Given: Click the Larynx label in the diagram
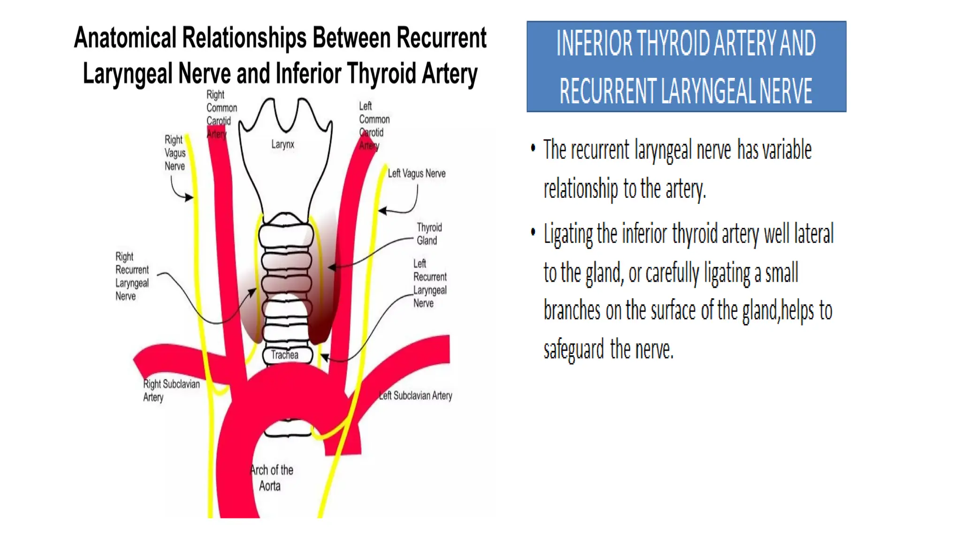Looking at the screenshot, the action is [x=282, y=144].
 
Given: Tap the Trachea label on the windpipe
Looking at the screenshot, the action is [x=284, y=355].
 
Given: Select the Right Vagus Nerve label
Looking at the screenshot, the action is [x=175, y=153].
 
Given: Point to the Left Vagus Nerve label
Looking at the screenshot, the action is [x=417, y=173].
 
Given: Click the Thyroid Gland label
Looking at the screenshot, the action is [x=429, y=234].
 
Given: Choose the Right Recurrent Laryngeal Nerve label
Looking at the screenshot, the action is [x=132, y=277].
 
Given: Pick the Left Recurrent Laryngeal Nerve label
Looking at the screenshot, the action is [x=430, y=284].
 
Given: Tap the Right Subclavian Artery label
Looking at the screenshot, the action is [x=171, y=390].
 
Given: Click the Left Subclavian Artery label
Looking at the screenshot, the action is [x=416, y=396].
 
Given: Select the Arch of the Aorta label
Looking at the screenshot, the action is [x=272, y=478].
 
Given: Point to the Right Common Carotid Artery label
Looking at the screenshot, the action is [x=221, y=114].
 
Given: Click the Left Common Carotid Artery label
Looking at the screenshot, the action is [x=374, y=126].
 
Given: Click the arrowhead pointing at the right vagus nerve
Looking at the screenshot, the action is [x=189, y=197].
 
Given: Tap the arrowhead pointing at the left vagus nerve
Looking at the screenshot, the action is [x=382, y=211].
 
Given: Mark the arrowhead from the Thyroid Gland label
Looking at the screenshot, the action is [x=332, y=268].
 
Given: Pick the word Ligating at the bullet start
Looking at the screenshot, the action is [x=568, y=234].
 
